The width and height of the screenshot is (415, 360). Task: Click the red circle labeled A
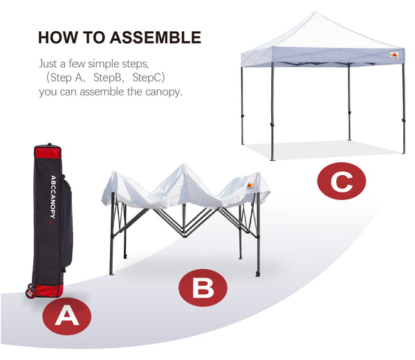pos(66,316)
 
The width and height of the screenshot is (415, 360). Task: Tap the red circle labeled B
pos(203,288)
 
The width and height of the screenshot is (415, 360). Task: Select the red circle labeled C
pos(342,181)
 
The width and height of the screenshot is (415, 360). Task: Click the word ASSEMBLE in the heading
pos(156,37)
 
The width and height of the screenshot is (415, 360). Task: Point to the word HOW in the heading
pos(58,37)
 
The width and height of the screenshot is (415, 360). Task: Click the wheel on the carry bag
pos(31,292)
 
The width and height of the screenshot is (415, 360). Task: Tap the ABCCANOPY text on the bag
pos(53,197)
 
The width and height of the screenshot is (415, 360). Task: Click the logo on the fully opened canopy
pos(394,55)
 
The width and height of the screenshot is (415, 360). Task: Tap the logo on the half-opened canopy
pos(250,186)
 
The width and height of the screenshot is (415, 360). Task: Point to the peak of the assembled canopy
pos(315,12)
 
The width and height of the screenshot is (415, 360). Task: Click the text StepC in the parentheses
pos(147,78)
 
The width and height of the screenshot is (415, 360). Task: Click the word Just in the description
pos(48,64)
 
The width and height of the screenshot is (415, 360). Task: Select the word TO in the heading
pos(94,37)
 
